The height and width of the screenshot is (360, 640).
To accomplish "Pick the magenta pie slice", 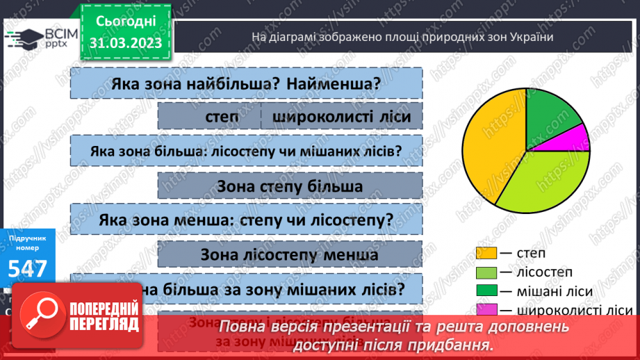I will click(x=573, y=138).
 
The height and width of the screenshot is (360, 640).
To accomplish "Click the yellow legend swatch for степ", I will click(x=486, y=254).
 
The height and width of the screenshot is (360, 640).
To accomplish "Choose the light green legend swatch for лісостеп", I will click(x=486, y=272).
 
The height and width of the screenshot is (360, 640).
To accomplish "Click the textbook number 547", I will click(x=28, y=269).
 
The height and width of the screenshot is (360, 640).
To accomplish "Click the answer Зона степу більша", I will click(x=290, y=186).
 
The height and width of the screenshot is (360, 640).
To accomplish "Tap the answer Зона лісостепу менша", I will click(x=290, y=254).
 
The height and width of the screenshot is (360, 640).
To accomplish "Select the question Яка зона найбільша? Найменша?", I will click(x=246, y=84).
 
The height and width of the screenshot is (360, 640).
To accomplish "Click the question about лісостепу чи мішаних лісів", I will click(x=246, y=151).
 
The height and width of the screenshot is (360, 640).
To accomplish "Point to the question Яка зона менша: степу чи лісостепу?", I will click(x=246, y=219).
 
